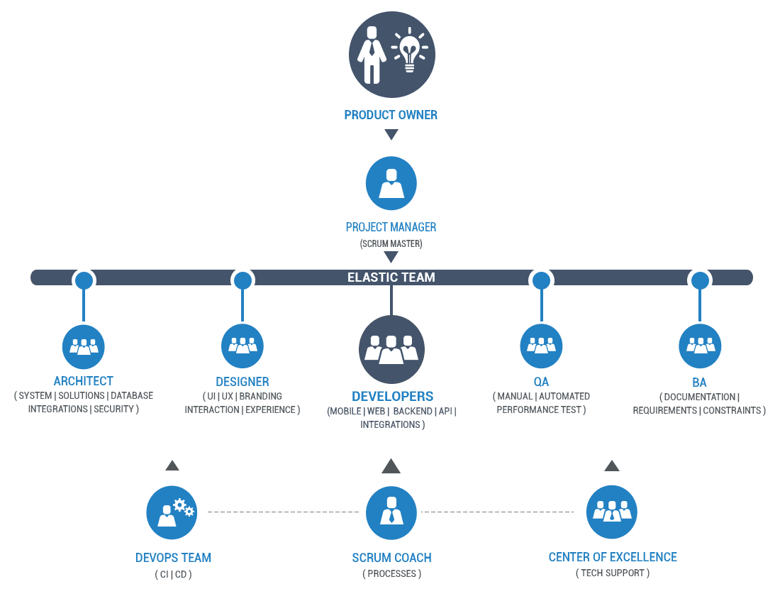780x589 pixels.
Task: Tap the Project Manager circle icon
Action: point(391,183)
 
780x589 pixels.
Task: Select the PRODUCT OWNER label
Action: point(391,115)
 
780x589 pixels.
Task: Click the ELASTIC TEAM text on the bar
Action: point(391,277)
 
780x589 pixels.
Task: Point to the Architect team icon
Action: point(84,346)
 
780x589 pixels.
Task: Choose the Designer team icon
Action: point(243,346)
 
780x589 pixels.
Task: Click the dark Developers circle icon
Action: point(391,349)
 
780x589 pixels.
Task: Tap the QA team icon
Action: point(541,346)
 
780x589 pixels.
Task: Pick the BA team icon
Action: point(700,346)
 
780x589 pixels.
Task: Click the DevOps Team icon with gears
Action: point(172,511)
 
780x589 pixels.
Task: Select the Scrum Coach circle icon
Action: point(391,511)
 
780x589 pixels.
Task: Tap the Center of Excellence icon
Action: point(611,511)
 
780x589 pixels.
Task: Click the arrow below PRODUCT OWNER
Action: point(391,134)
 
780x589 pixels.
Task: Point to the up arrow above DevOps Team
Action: point(172,466)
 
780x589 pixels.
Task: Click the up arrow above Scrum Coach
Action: point(391,466)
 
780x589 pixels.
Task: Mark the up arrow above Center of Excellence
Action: point(611,466)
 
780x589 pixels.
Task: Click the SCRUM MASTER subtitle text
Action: point(391,243)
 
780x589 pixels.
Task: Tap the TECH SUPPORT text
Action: point(613,573)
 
